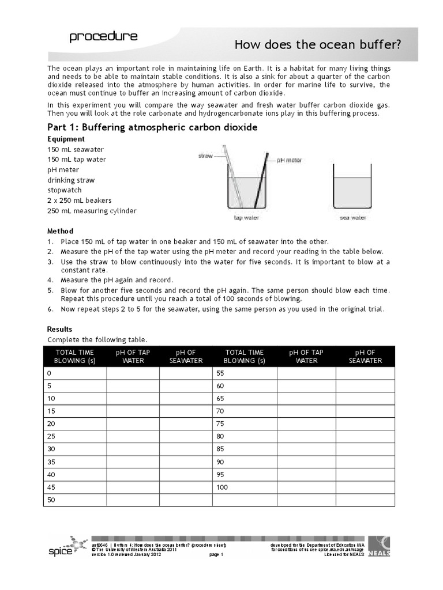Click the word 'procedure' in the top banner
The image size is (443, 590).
[103, 37]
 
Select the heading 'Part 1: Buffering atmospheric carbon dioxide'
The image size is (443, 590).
[153, 127]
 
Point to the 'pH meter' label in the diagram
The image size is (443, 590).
[290, 161]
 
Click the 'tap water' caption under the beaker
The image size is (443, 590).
[246, 218]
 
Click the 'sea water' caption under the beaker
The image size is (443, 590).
[353, 218]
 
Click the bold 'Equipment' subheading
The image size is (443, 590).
[66, 139]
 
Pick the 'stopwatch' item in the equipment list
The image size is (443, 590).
[65, 190]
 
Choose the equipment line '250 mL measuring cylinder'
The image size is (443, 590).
[92, 211]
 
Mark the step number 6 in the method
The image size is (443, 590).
[50, 309]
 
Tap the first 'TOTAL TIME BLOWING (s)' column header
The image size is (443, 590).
[74, 357]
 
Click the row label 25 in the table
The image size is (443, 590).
[50, 437]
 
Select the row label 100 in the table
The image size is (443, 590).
[223, 487]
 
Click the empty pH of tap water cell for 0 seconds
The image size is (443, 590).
[133, 373]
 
